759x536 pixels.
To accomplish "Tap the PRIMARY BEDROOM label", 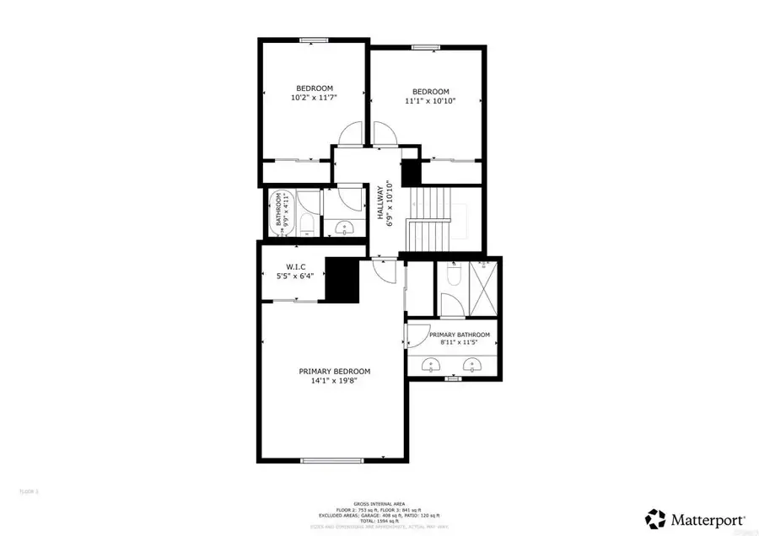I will click(334, 371).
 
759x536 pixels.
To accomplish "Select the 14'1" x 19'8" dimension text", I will click(334, 381).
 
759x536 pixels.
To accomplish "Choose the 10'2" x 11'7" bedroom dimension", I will click(314, 99).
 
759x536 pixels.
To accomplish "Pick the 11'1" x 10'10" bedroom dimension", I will click(430, 101).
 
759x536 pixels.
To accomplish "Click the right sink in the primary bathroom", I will click(473, 365).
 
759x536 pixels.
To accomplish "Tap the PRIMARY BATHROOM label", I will click(459, 335).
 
